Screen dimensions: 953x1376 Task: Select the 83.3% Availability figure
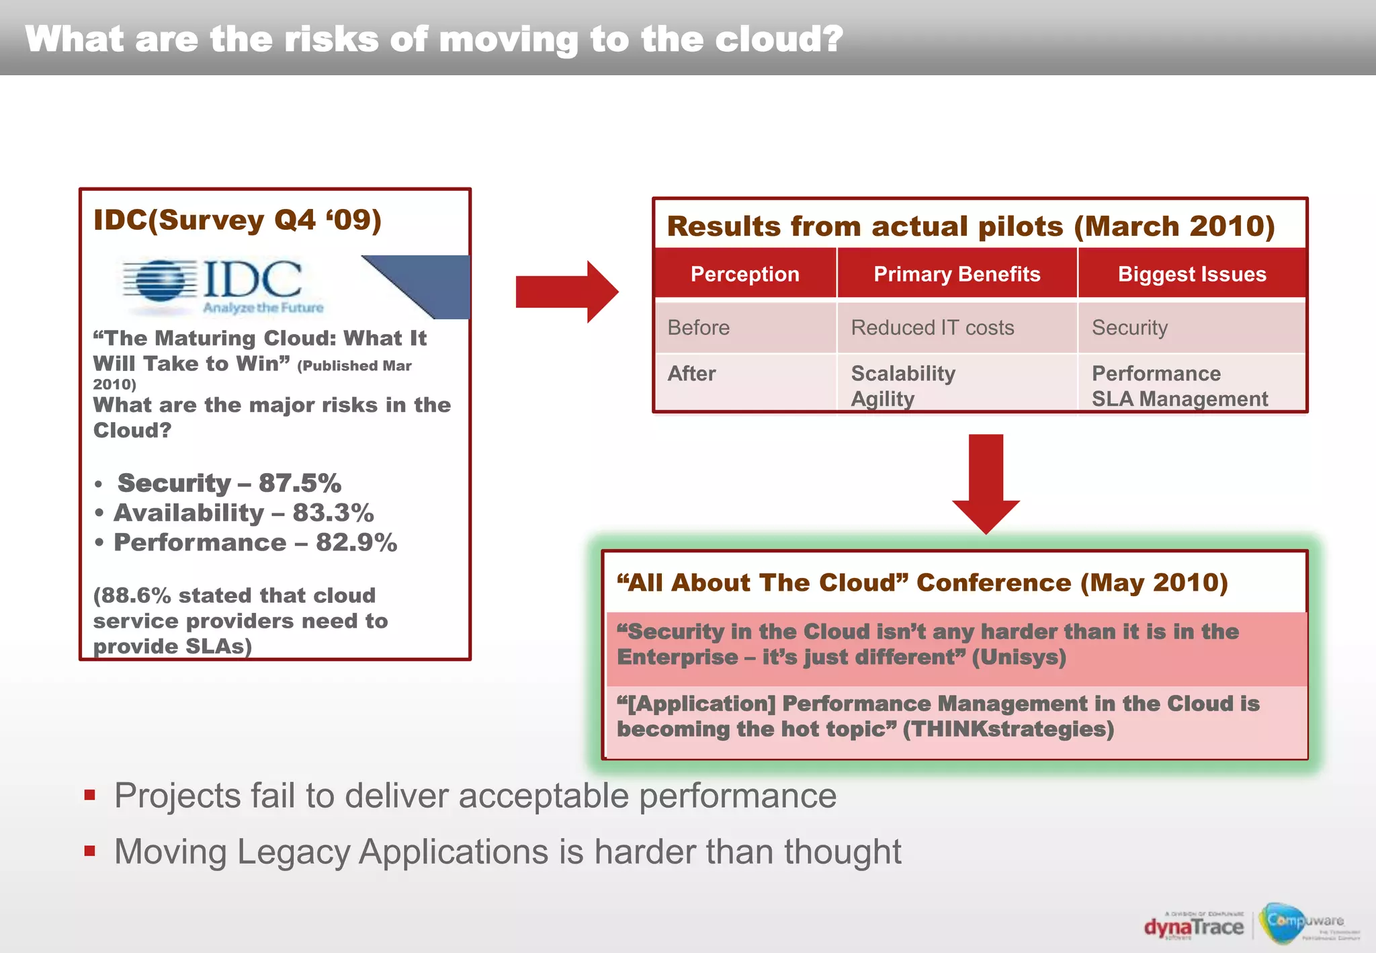click(x=333, y=513)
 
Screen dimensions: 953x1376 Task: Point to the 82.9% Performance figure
click(x=356, y=542)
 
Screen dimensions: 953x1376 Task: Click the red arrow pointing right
click(x=566, y=292)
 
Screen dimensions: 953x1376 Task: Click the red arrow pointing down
click(x=986, y=483)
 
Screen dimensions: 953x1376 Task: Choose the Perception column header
click(x=745, y=274)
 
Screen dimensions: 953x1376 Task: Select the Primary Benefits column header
click(x=957, y=274)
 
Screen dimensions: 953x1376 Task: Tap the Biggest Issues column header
click(x=1192, y=274)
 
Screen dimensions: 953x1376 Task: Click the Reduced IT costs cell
click(x=932, y=328)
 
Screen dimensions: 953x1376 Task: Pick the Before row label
click(x=698, y=328)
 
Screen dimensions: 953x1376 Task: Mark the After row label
click(x=691, y=374)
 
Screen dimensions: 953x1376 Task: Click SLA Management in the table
click(x=1179, y=399)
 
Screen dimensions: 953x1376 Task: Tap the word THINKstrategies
click(x=1008, y=729)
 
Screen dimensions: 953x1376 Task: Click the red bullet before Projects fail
click(x=90, y=796)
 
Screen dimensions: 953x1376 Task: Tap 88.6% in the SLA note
click(x=135, y=595)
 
